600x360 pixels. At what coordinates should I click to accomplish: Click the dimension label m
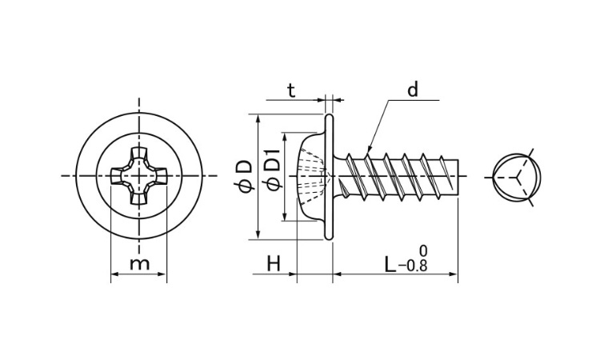(139, 263)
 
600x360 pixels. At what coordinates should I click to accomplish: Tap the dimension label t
(291, 90)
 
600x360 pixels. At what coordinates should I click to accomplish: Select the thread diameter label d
(413, 90)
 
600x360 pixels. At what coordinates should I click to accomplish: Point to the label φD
(243, 176)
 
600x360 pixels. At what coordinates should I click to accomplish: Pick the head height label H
(274, 263)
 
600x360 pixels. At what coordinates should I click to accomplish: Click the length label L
(390, 264)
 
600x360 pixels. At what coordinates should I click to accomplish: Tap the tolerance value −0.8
(413, 266)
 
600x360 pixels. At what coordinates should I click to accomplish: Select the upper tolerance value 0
(423, 251)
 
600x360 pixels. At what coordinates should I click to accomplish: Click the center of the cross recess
(138, 176)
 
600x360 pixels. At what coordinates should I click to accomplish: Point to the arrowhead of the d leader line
(368, 149)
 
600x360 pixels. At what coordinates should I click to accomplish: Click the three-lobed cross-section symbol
(518, 177)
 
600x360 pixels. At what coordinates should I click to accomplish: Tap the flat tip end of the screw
(458, 178)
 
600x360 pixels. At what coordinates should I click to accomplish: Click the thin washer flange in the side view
(329, 176)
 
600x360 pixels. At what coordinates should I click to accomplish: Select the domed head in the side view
(312, 176)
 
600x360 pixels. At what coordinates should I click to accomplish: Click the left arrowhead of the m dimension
(114, 274)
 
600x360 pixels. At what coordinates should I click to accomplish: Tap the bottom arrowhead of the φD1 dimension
(284, 218)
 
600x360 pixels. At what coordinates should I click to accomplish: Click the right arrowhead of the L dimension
(454, 274)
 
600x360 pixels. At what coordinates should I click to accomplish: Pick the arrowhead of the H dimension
(293, 274)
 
